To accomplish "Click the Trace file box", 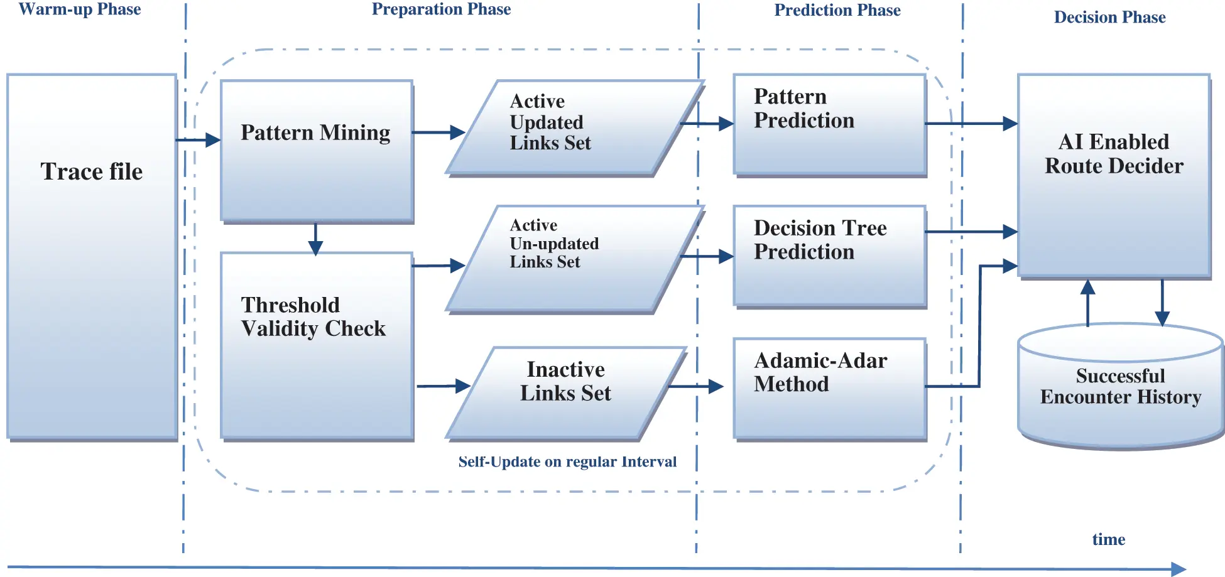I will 92,256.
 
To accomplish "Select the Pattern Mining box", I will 317,151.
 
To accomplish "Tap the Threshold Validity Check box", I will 317,345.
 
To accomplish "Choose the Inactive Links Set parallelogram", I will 565,392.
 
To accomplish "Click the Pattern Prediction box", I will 829,124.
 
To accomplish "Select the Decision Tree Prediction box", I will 829,256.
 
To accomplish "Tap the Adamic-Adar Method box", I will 829,388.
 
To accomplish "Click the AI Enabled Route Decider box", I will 1114,176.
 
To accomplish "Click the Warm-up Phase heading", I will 80,9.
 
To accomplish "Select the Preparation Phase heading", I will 441,9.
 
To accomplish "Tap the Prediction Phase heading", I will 837,10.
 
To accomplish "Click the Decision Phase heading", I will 1109,17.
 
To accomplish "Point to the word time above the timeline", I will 1108,539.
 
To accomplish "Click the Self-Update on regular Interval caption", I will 567,462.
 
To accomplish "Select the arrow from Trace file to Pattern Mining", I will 198,140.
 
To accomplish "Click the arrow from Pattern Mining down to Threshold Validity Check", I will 315,239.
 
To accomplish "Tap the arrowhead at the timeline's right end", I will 1179,569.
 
